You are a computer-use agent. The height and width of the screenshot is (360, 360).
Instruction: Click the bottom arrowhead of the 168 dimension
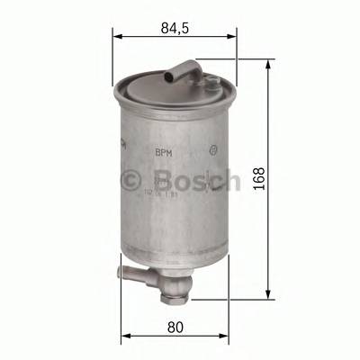(x=270, y=293)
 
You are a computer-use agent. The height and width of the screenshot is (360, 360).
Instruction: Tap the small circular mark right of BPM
(x=212, y=153)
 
